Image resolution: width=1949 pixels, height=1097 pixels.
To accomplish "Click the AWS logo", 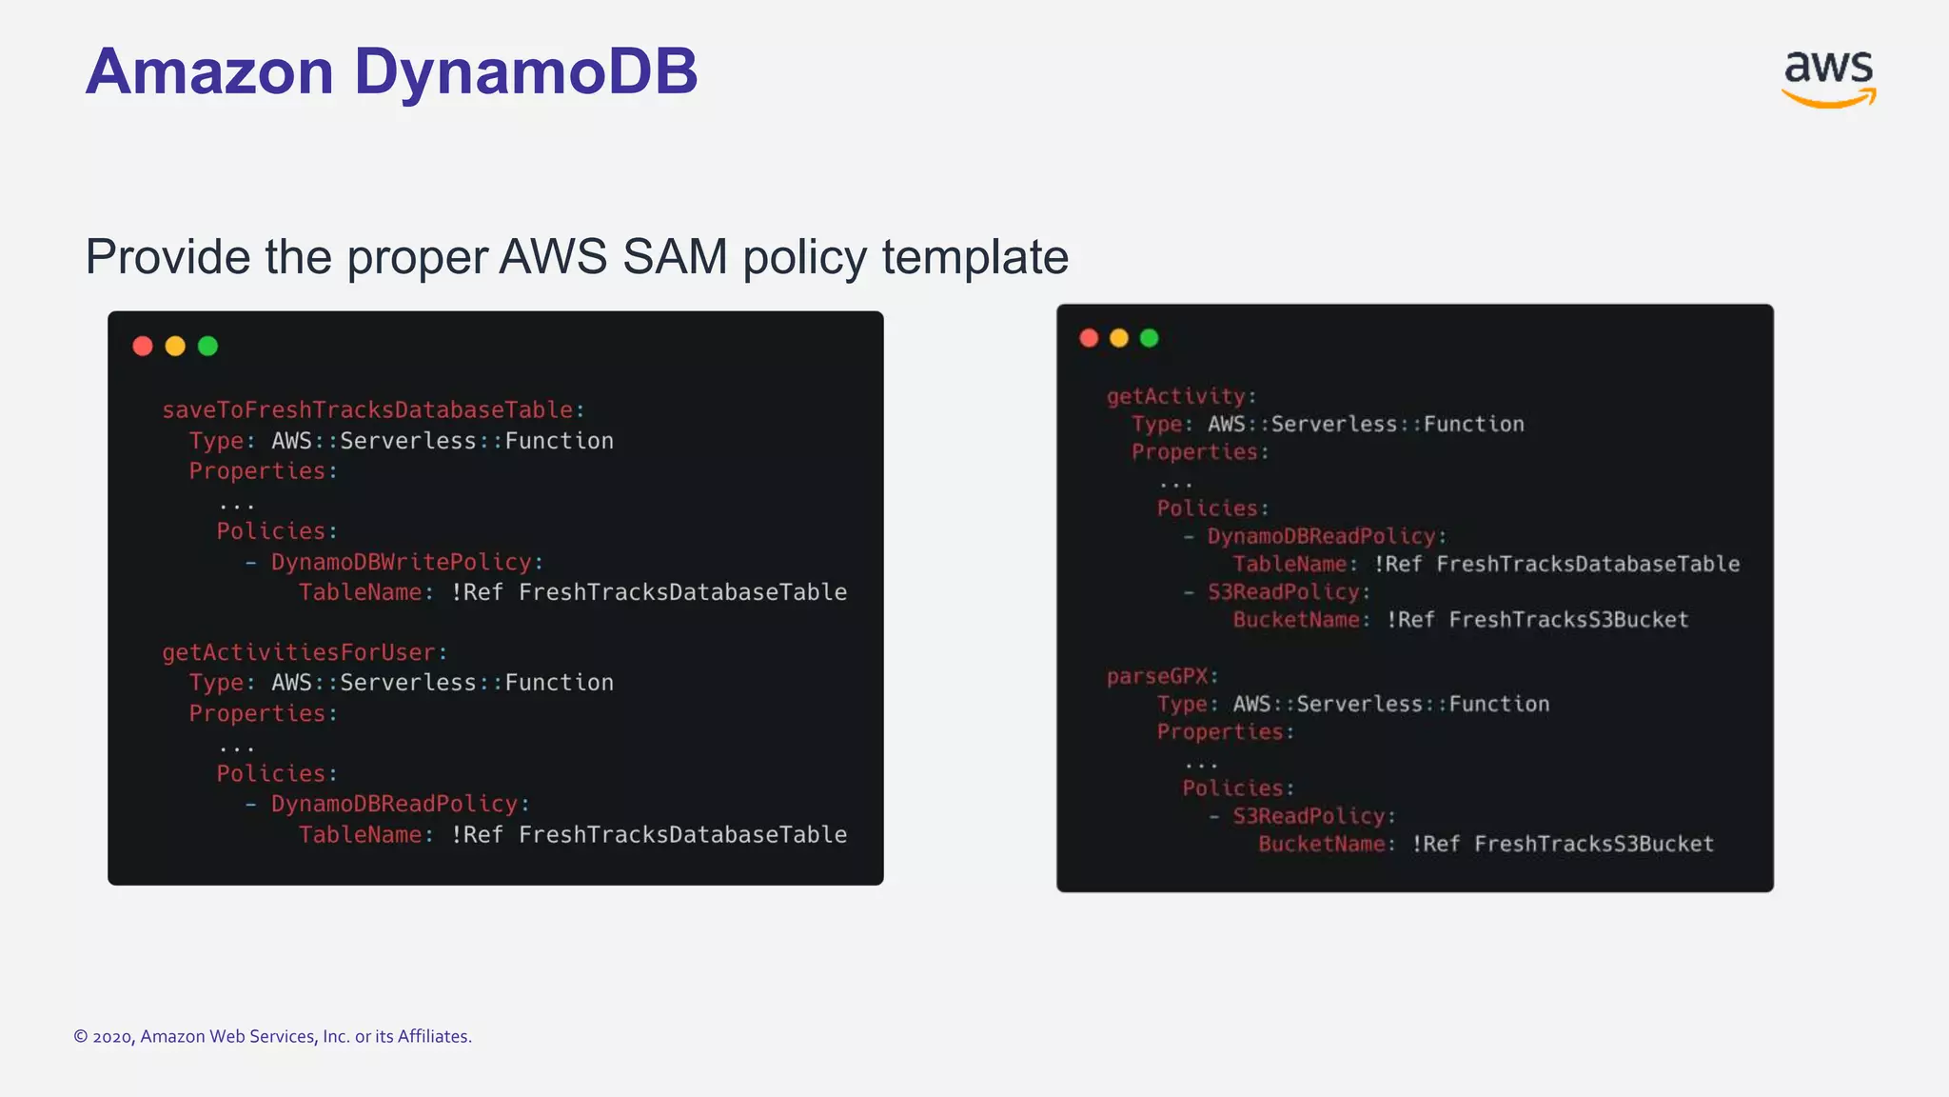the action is coord(1827,78).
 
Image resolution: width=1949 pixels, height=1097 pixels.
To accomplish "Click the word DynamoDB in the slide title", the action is coord(525,72).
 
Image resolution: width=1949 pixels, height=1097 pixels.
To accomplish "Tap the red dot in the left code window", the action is coord(143,346).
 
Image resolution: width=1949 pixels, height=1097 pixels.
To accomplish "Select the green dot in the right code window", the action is coord(1149,338).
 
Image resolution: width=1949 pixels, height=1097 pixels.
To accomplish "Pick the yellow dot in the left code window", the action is coord(175,346).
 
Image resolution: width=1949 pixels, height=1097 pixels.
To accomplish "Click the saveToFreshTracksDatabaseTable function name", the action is coord(367,410).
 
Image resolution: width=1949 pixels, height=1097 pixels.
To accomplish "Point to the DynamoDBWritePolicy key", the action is coord(401,562).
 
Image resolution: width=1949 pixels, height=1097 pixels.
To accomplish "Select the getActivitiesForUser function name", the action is coord(299,652).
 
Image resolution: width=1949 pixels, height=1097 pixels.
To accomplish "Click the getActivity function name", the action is coord(1175,396).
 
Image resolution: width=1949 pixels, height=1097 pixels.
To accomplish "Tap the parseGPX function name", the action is coord(1156,676).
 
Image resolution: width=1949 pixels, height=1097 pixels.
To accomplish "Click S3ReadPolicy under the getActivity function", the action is coord(1284,592).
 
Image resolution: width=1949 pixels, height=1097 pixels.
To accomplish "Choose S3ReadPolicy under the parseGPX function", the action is coord(1309,816).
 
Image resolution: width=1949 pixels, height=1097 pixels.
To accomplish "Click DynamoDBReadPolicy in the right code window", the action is coord(1321,536).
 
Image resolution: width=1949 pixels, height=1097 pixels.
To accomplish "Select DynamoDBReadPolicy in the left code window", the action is coord(394,804).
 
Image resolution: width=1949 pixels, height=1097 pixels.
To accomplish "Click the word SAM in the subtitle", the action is coord(675,257).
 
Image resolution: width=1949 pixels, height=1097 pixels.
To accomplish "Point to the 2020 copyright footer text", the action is coord(272,1036).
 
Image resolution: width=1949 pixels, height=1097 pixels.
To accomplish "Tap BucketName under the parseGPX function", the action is coord(1321,844).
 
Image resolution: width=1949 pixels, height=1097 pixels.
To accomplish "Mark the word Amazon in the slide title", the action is coord(210,72).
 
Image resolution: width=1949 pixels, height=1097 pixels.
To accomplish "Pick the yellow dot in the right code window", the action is coord(1119,338).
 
